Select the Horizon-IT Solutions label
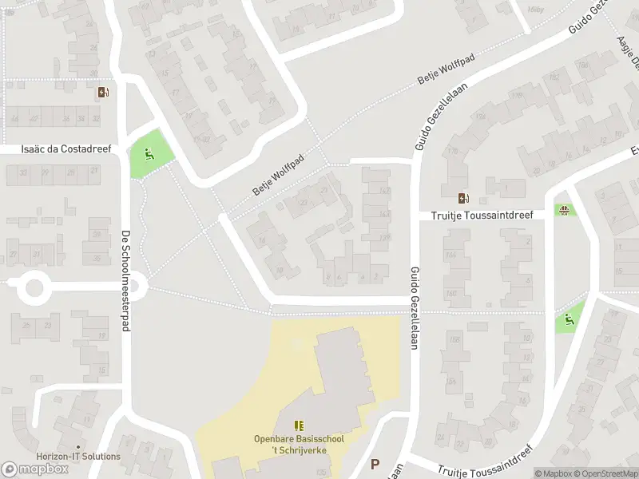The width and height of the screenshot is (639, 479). [x=78, y=457]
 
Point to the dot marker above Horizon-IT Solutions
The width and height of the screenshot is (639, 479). [x=78, y=447]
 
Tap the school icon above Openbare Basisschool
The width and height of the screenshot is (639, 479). [x=300, y=426]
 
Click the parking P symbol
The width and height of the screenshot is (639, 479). [x=375, y=464]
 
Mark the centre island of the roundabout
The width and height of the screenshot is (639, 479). [x=34, y=287]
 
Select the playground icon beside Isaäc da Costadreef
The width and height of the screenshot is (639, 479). [x=148, y=152]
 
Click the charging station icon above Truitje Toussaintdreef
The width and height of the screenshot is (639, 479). [x=463, y=198]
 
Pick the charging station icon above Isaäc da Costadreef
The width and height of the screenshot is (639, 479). [x=102, y=93]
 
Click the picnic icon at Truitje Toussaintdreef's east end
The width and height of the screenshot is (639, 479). [x=565, y=211]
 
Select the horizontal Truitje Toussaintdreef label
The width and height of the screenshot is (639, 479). [x=482, y=214]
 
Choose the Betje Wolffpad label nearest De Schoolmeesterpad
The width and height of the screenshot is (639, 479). [x=280, y=176]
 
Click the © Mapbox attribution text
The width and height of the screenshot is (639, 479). [x=552, y=473]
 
